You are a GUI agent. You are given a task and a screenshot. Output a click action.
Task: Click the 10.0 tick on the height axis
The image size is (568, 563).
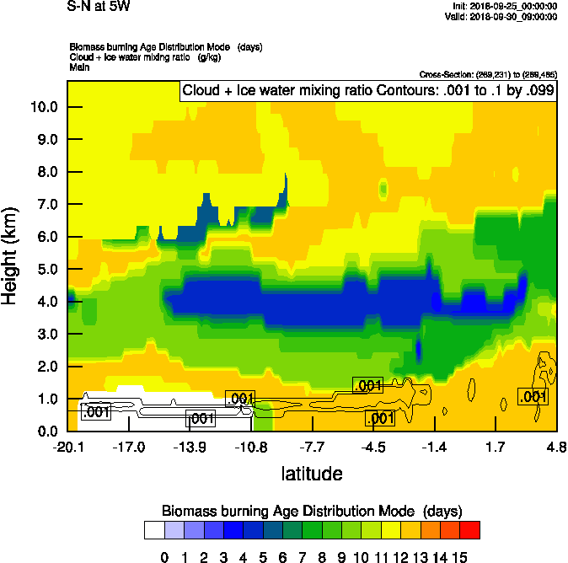tap(44, 107)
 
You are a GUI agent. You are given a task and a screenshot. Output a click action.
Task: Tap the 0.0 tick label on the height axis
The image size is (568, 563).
tap(44, 432)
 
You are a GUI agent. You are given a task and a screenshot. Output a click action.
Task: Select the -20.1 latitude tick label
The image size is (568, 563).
tap(67, 446)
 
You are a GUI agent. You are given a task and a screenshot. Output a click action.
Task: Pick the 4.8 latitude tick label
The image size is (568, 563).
tap(555, 446)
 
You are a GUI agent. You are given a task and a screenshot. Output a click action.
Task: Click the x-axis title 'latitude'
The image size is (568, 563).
tap(312, 474)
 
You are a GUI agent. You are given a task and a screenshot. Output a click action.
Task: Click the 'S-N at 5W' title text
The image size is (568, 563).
tap(99, 7)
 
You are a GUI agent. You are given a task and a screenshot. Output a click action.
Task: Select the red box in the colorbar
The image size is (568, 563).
tap(470, 530)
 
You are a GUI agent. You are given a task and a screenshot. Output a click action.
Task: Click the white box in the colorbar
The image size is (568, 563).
tap(154, 530)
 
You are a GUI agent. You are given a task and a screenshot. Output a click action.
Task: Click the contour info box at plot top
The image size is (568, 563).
tap(367, 91)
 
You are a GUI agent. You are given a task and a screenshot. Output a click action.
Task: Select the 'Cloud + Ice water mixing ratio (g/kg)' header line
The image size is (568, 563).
tap(140, 56)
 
